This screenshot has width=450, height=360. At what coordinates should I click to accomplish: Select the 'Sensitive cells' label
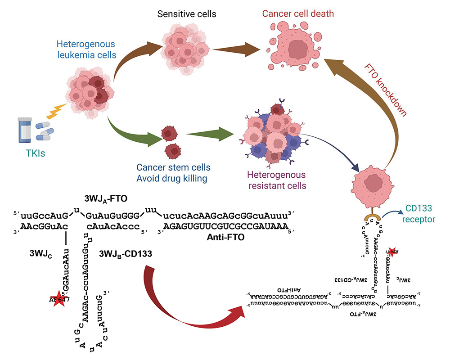pos(187,14)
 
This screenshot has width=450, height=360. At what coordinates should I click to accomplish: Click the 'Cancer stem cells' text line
pos(180,167)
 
